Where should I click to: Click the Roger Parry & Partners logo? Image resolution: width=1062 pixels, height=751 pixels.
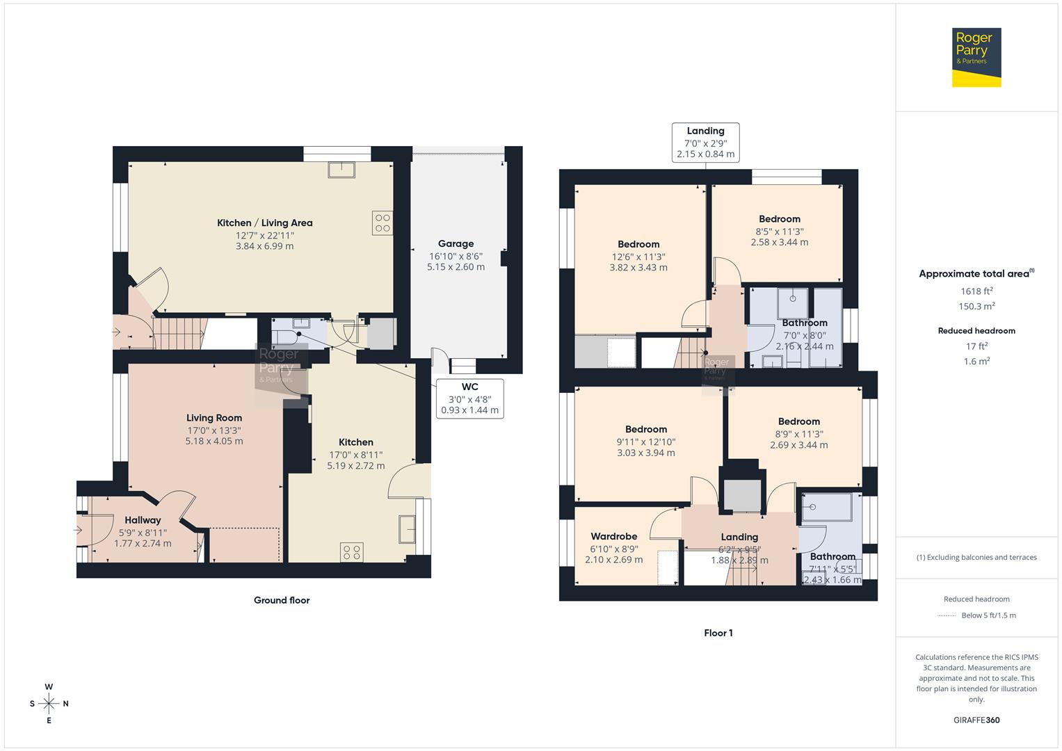(x=976, y=57)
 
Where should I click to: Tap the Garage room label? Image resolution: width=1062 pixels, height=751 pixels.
(x=456, y=243)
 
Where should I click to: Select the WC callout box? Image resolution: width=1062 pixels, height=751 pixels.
(x=470, y=398)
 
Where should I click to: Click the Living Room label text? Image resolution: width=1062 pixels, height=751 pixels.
(x=214, y=418)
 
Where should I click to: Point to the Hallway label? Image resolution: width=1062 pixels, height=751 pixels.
(x=143, y=520)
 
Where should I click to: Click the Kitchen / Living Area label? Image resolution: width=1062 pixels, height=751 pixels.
(x=264, y=223)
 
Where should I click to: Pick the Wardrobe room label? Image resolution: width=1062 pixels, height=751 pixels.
(x=614, y=536)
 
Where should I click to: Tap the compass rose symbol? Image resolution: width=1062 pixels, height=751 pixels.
(x=49, y=704)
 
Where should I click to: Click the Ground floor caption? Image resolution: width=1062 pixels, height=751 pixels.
(x=282, y=600)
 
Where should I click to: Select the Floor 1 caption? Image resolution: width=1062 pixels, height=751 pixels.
(x=718, y=633)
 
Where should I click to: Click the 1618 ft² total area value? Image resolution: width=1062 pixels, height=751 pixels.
(x=976, y=291)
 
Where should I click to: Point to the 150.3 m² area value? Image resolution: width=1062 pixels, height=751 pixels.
(x=976, y=306)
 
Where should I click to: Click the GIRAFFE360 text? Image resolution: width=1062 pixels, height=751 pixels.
(x=976, y=720)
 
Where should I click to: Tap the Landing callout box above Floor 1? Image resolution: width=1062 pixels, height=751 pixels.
(x=705, y=143)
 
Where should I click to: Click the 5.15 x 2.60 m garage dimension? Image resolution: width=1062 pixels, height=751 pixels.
(x=456, y=267)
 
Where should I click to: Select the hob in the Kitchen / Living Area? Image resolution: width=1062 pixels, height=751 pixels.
(x=382, y=223)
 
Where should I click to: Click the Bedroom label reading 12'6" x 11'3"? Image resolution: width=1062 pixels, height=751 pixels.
(x=638, y=244)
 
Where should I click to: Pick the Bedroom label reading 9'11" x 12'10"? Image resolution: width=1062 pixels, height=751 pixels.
(x=646, y=429)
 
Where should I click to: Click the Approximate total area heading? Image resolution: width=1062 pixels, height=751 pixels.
(x=976, y=273)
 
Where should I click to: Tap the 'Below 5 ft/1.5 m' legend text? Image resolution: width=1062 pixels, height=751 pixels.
(x=988, y=615)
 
